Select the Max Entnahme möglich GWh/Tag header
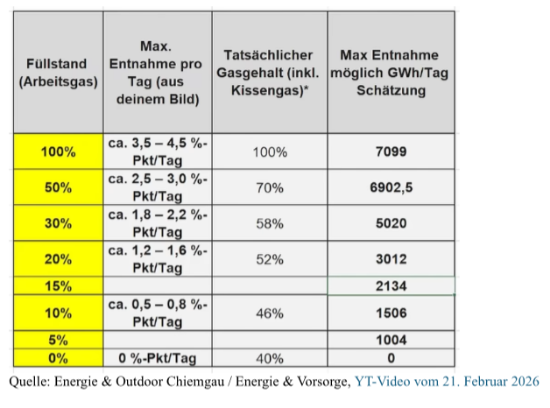[391, 74]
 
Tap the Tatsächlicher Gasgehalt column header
[269, 74]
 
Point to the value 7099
[391, 151]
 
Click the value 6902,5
[391, 187]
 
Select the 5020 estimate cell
[391, 223]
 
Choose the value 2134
[391, 285]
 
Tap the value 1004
[391, 340]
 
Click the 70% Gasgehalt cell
[269, 187]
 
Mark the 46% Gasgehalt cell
[269, 313]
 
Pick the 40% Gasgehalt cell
[269, 358]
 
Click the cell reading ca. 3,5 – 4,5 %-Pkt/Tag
[157, 151]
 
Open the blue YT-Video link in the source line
[448, 382]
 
